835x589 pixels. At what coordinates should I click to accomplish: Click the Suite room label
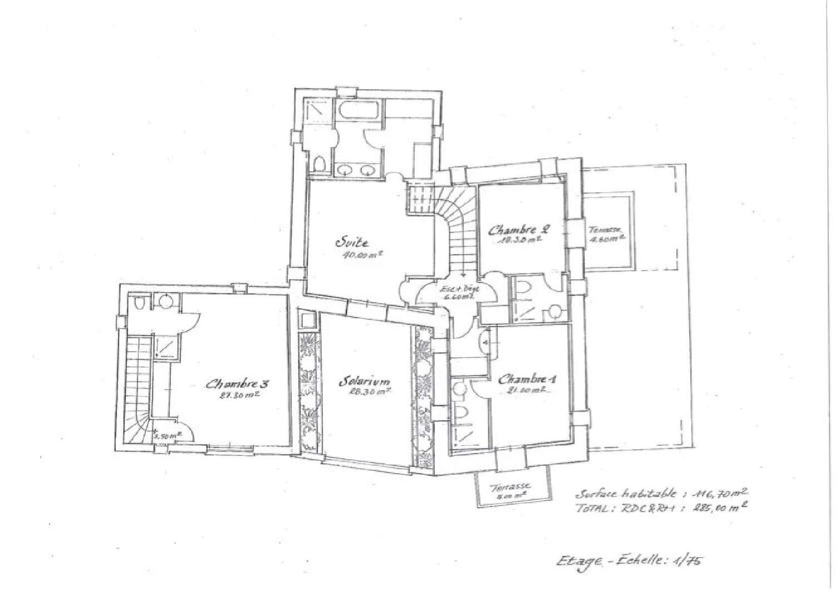(351, 242)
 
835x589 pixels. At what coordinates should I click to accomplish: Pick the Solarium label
(365, 383)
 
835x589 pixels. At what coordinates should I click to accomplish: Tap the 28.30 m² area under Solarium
(365, 392)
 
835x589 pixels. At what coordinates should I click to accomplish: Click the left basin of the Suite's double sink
(344, 170)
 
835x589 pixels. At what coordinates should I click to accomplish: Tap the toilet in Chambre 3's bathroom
(140, 303)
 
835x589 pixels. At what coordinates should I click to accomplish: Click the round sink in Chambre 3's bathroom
(164, 301)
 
